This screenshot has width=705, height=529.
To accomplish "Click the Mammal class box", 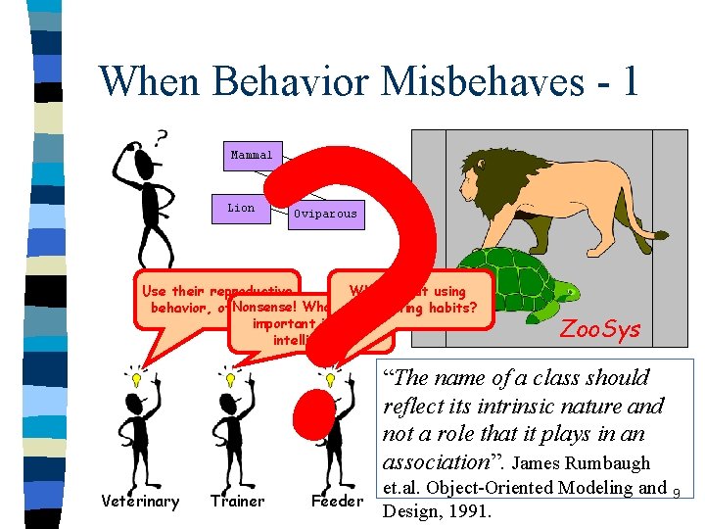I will click(252, 155).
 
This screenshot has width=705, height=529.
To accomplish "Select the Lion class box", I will click(241, 208).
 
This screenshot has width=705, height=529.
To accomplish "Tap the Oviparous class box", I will click(325, 214).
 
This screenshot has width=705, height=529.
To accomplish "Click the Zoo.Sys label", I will click(599, 329).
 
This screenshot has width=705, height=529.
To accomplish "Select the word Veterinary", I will click(140, 502).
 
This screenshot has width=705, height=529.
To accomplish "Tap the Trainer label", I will click(237, 502).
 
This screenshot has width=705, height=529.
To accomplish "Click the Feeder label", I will click(337, 502).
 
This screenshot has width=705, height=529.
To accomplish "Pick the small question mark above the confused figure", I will click(161, 135).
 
